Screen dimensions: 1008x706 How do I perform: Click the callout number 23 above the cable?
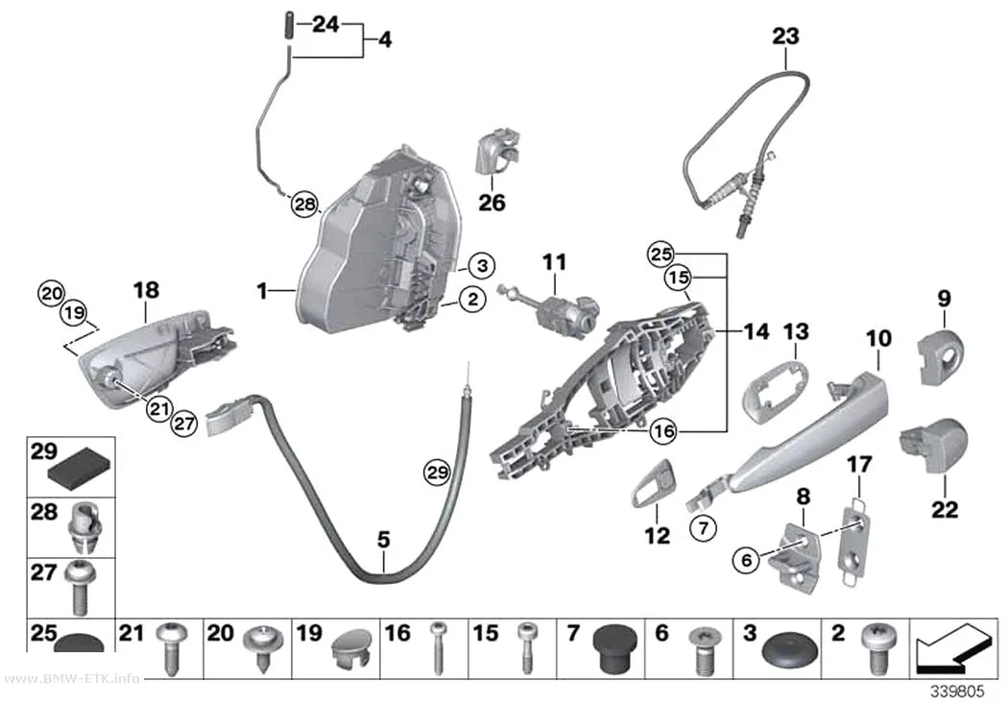coord(785,36)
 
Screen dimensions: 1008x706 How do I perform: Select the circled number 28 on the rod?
coord(304,205)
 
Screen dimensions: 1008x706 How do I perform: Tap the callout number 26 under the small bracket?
coord(492,203)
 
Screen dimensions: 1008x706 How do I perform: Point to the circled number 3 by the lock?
coord(482,265)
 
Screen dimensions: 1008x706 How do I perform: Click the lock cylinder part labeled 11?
coord(552,303)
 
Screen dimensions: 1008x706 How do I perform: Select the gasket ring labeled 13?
coord(774,391)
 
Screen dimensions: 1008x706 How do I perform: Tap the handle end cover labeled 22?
coord(934,445)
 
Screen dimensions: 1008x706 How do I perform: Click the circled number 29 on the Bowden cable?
coord(437,473)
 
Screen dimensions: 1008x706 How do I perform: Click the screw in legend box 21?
coord(170,645)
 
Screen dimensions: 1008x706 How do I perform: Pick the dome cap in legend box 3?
coord(790,651)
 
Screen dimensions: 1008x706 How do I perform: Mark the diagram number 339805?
coord(958,692)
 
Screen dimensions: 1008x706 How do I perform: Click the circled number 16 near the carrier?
coord(662,430)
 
